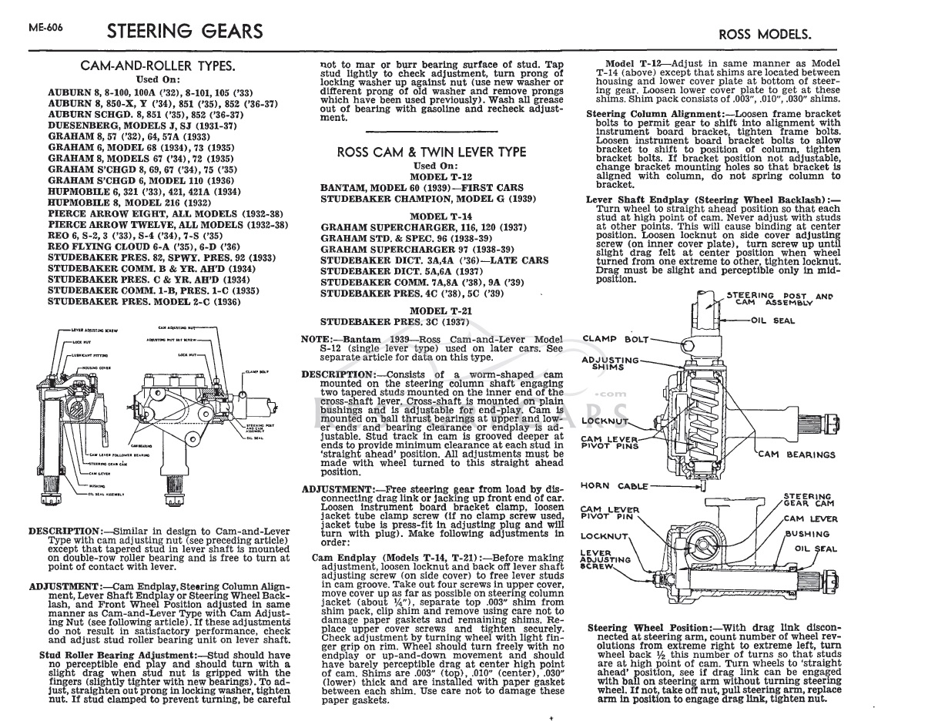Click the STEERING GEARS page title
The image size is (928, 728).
[184, 32]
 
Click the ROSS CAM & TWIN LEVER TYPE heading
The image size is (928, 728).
[431, 152]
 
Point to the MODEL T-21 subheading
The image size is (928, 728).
[430, 310]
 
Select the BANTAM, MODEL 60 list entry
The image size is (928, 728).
[421, 188]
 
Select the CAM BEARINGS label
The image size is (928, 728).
[796, 455]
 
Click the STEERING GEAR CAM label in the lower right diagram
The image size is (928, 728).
[808, 500]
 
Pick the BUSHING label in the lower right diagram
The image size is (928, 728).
[807, 534]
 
